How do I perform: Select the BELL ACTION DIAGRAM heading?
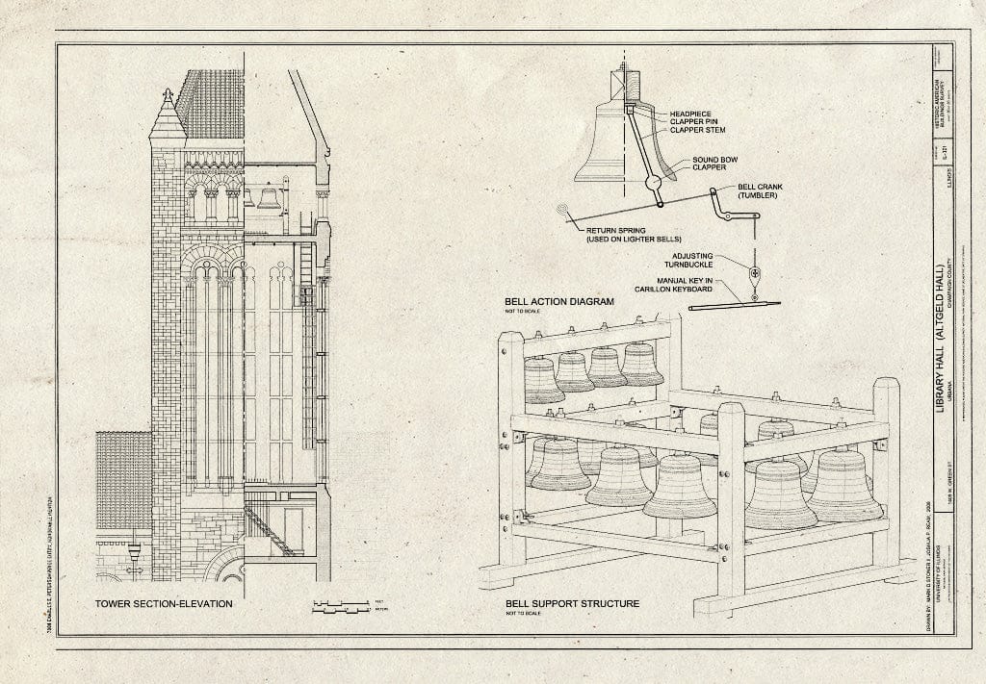(x=558, y=301)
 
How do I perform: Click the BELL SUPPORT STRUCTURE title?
(x=572, y=604)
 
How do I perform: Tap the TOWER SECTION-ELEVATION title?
(x=163, y=604)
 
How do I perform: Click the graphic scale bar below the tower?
(x=342, y=606)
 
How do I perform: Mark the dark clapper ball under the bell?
(x=653, y=181)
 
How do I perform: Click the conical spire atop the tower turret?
(x=168, y=115)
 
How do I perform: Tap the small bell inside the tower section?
(x=269, y=199)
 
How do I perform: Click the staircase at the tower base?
(x=269, y=532)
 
